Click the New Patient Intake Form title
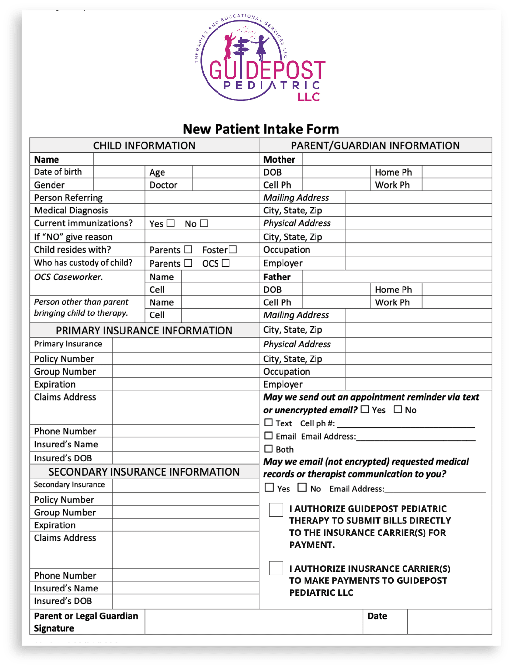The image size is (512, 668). [261, 129]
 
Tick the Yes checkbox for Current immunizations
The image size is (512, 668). [171, 224]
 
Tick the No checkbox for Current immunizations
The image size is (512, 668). [204, 224]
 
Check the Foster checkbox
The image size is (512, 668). [233, 249]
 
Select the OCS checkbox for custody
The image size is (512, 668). [225, 263]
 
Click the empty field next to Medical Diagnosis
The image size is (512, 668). [202, 210]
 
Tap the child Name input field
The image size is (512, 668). [176, 159]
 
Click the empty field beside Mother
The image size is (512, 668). [397, 159]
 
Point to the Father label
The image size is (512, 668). [277, 277]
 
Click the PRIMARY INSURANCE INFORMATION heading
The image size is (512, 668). [144, 330]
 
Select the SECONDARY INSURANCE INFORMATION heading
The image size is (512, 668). [144, 472]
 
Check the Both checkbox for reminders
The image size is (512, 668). [269, 449]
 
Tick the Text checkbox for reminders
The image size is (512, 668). [269, 423]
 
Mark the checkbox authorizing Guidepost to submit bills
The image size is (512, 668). [276, 510]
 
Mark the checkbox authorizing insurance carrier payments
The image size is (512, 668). [276, 568]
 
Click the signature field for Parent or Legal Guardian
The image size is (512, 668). [254, 622]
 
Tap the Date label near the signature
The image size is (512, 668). [377, 616]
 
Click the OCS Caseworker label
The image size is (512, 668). [68, 277]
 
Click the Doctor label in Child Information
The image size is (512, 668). [163, 185]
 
